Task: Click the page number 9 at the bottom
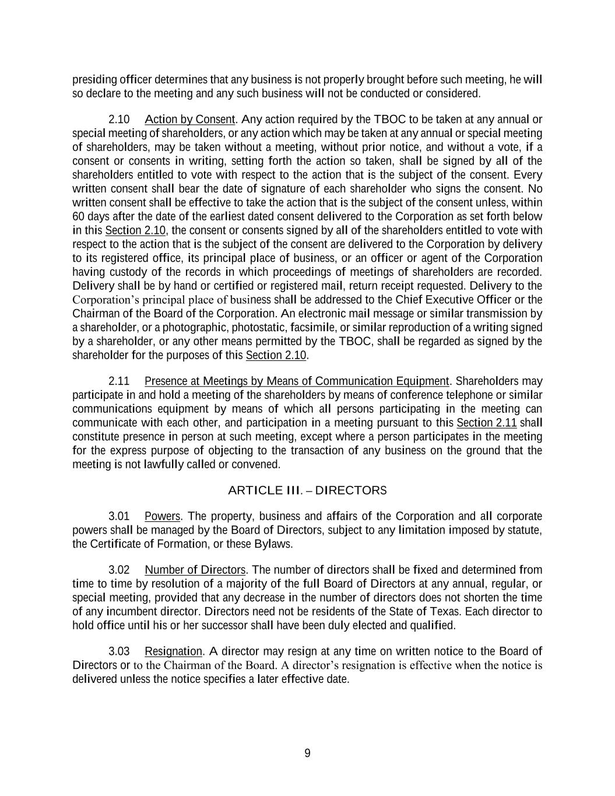307,753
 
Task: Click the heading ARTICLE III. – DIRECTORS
307,490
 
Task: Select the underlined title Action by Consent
189,120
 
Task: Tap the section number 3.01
119,516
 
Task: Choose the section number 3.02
119,570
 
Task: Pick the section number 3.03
119,651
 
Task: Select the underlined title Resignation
173,651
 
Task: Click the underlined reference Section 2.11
487,423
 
